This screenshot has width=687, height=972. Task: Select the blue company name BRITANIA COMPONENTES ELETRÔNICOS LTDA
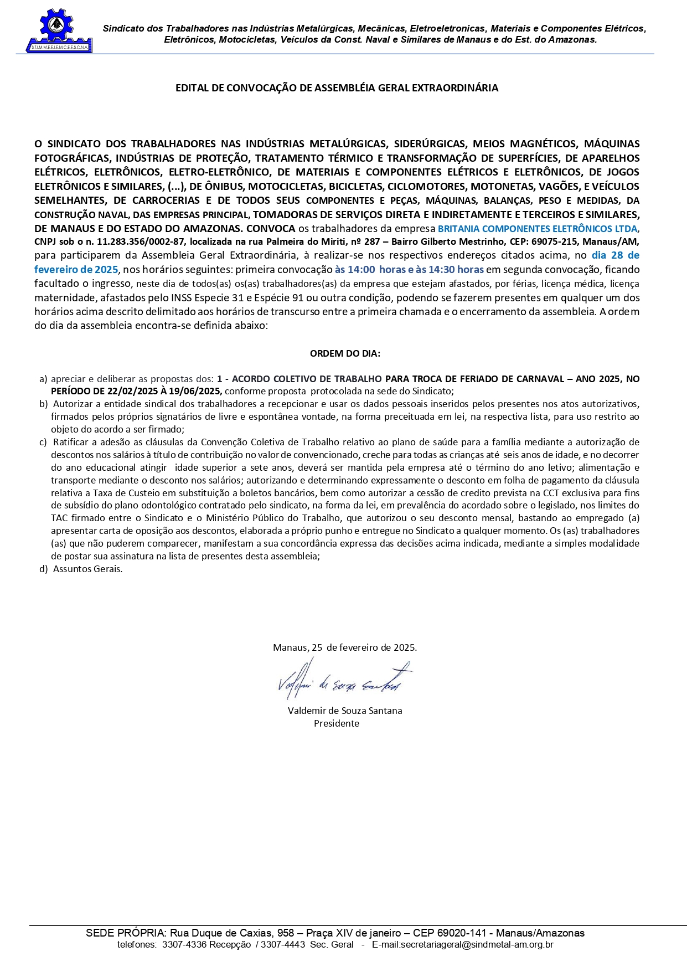click(x=537, y=229)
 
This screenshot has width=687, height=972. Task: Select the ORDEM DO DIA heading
click(x=345, y=353)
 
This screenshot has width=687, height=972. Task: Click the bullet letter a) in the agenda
click(x=43, y=379)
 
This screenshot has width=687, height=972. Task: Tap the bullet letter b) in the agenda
click(x=43, y=404)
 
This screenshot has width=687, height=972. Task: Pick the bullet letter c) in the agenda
click(x=43, y=442)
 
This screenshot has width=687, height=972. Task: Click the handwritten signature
click(x=343, y=680)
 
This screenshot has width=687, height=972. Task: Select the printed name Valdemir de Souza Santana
click(x=345, y=711)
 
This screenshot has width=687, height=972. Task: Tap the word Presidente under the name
click(x=337, y=723)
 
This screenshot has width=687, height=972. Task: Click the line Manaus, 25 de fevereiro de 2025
click(x=345, y=647)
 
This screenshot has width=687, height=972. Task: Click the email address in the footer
click(x=462, y=945)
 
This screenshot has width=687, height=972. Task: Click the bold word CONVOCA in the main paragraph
click(x=271, y=229)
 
